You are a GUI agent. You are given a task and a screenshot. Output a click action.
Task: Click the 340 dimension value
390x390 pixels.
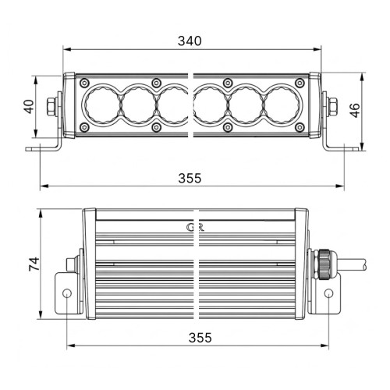pyautogui.click(x=190, y=41)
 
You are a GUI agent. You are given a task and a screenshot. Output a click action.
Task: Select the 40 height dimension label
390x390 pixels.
pyautogui.click(x=30, y=107)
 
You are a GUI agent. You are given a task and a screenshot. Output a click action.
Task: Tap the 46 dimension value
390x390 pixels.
pyautogui.click(x=355, y=110)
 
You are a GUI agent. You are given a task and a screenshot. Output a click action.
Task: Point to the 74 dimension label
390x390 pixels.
pyautogui.click(x=34, y=264)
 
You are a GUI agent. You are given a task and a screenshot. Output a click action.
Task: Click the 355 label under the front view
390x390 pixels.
pyautogui.click(x=190, y=179)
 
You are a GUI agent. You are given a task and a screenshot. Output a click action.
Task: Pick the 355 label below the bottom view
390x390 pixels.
pyautogui.click(x=200, y=338)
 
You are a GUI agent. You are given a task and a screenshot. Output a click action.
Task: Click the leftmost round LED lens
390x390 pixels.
pyautogui.click(x=101, y=105)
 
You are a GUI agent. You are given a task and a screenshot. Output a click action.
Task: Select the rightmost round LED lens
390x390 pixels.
pyautogui.click(x=282, y=105)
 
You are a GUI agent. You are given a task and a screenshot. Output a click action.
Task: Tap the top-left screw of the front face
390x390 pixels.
pyautogui.click(x=84, y=83)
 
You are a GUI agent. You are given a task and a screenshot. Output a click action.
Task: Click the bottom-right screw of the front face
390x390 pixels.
pyautogui.click(x=300, y=127)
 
